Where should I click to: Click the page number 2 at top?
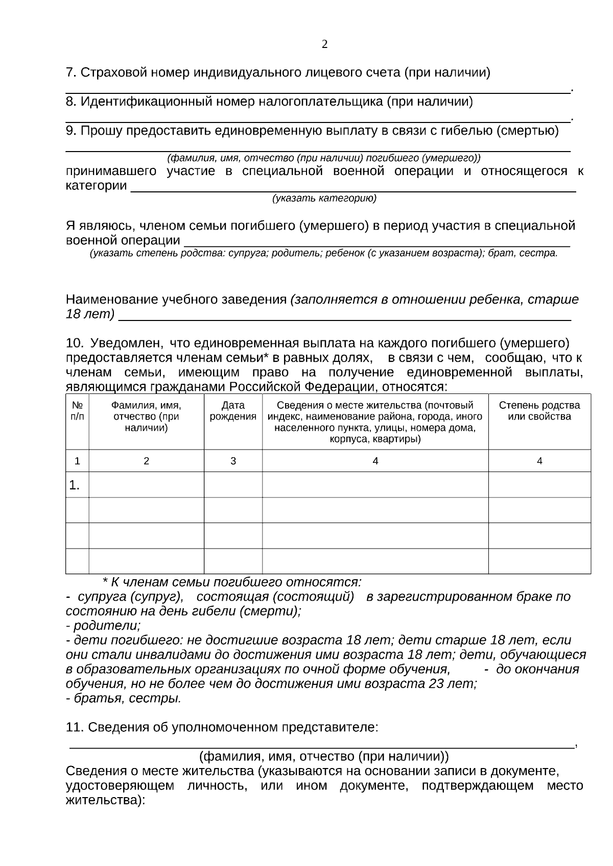pyautogui.click(x=324, y=44)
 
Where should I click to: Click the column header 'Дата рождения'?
pyautogui.click(x=233, y=411)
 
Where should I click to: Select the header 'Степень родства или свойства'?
pyautogui.click(x=539, y=411)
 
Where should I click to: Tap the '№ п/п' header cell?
pyautogui.click(x=77, y=411)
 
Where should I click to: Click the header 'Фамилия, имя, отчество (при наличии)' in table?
pyautogui.click(x=146, y=416)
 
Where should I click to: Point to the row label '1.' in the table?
pyautogui.click(x=75, y=485)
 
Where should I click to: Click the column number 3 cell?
pyautogui.click(x=233, y=461)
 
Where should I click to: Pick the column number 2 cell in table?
pyautogui.click(x=146, y=461)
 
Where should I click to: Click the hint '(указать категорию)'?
pyautogui.click(x=324, y=199)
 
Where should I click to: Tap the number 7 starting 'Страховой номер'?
pyautogui.click(x=70, y=73)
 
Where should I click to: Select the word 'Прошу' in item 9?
pyautogui.click(x=102, y=131)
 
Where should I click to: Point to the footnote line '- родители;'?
pyautogui.click(x=103, y=626)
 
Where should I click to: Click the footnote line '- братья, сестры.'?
pyautogui.click(x=124, y=698)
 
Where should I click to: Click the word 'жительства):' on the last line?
pyautogui.click(x=106, y=801)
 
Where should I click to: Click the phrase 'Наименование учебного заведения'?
pyautogui.click(x=176, y=300)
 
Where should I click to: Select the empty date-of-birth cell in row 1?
pyautogui.click(x=233, y=485)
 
